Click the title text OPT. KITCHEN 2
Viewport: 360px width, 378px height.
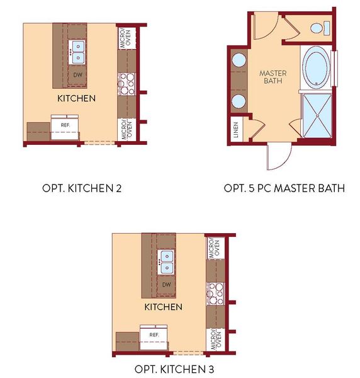coord(81,188)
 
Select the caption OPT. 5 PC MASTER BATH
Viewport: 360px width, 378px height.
coord(284,188)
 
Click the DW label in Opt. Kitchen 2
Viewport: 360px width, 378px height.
coord(77,74)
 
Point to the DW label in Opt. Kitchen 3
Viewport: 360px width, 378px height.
coord(166,284)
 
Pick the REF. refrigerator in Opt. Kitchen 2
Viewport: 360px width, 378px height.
coord(65,125)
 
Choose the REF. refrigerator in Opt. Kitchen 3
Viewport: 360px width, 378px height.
coord(154,335)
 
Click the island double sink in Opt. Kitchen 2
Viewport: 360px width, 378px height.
coord(78,52)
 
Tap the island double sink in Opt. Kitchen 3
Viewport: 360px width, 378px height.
coord(167,262)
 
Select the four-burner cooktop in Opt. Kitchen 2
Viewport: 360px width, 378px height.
coord(126,83)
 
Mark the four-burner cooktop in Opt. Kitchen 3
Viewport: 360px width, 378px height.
coord(215,292)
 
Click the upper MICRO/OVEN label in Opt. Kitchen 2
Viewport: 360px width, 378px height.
coord(125,38)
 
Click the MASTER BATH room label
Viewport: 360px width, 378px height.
coord(273,77)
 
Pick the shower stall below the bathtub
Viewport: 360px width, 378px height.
coord(317,115)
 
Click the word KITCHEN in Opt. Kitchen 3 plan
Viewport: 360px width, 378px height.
coord(164,307)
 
